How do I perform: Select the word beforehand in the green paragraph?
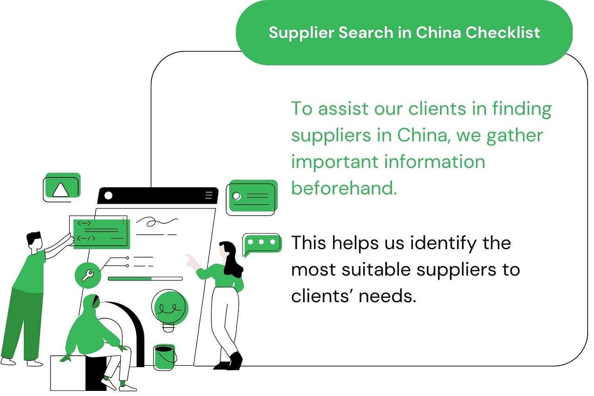[x=344, y=188]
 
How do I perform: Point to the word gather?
[x=514, y=135]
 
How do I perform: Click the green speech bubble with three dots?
[x=262, y=243]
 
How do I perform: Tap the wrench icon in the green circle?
[x=88, y=275]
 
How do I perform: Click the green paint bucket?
[x=164, y=357]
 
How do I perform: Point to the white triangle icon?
[x=60, y=189]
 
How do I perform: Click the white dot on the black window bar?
[x=109, y=195]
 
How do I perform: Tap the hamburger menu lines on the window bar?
[x=208, y=195]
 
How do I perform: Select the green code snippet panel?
[x=101, y=233]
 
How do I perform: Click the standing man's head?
[x=35, y=242]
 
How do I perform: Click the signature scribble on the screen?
[x=156, y=222]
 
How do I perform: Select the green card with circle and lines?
[x=252, y=197]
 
